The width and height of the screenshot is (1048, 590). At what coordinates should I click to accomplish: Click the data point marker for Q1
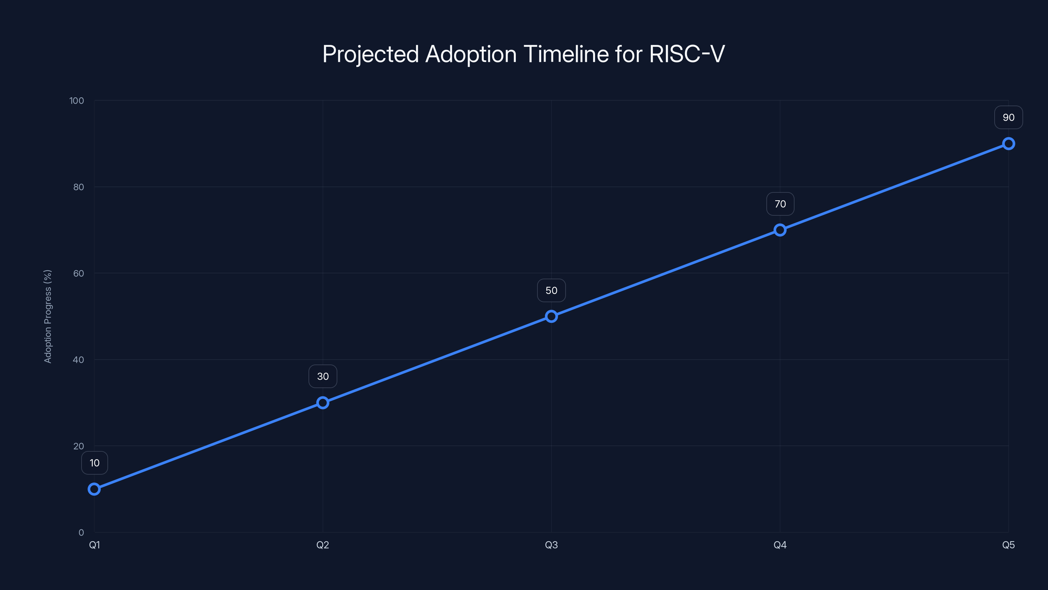(94, 489)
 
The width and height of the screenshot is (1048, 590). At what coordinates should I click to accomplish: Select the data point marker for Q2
(323, 403)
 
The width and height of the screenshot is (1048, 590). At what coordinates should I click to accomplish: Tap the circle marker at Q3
(551, 316)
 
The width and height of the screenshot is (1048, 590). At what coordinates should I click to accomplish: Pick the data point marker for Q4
(780, 230)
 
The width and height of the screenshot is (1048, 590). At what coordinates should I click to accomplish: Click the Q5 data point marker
(1009, 144)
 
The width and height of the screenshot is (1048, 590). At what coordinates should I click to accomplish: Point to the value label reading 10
(94, 463)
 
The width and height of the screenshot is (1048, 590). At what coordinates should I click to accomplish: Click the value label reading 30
(323, 377)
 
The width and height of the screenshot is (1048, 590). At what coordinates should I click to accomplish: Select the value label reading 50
(551, 290)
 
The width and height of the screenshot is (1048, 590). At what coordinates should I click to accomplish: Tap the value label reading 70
(780, 204)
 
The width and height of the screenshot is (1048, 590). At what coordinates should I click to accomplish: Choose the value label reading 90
(1009, 118)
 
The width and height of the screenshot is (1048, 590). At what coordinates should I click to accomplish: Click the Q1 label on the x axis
(94, 545)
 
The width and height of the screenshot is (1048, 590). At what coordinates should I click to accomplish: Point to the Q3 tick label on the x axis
(551, 545)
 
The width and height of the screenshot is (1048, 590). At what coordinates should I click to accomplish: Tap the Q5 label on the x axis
(1009, 545)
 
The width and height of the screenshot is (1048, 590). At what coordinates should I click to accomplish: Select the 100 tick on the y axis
(77, 101)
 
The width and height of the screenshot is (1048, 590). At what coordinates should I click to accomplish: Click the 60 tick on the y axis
(79, 273)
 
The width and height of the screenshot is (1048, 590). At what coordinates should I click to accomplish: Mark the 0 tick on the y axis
(81, 532)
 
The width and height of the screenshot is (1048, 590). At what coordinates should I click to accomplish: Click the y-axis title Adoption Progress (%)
(47, 316)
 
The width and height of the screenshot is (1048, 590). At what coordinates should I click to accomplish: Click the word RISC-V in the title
(687, 54)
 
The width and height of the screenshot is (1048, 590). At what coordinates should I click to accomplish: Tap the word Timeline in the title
(566, 54)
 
